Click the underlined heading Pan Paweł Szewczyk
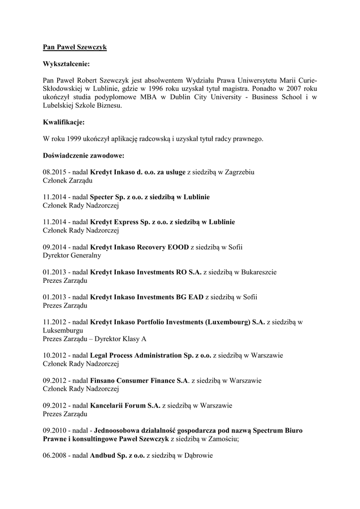pyautogui.click(x=75, y=47)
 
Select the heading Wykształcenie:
pyautogui.click(x=67, y=64)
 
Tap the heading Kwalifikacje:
pyautogui.click(x=64, y=122)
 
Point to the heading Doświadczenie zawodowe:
pyautogui.click(x=84, y=156)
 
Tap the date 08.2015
pyautogui.click(x=55, y=172)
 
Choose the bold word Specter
pyautogui.click(x=104, y=197)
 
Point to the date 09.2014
pyautogui.click(x=55, y=247)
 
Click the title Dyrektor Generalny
pyautogui.click(x=72, y=255)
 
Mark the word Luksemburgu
pyautogui.click(x=63, y=331)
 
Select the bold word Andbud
pyautogui.click(x=102, y=455)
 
